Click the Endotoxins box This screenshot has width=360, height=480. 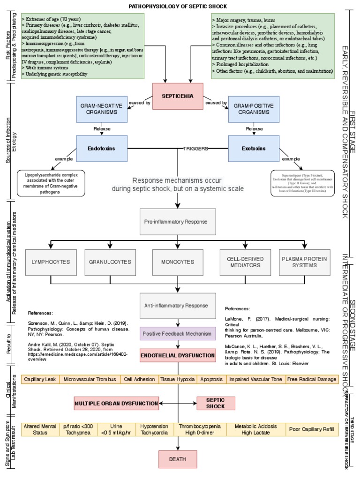[x=101, y=149]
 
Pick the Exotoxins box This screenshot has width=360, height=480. [x=254, y=149]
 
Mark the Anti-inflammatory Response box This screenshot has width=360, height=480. [x=177, y=306]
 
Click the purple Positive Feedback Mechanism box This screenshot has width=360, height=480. [x=177, y=333]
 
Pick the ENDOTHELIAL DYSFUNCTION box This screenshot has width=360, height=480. [x=177, y=356]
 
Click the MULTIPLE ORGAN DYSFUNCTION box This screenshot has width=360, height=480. [x=116, y=403]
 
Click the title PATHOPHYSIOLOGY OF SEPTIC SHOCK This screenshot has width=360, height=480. [x=178, y=6]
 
